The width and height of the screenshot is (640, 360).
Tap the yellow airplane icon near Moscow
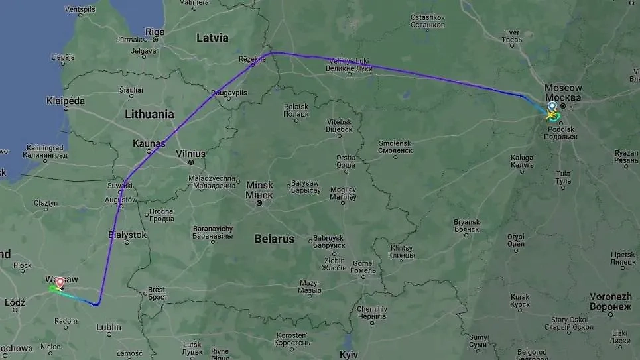pyautogui.click(x=551, y=115)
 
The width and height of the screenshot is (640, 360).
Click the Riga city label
pyautogui.click(x=155, y=31)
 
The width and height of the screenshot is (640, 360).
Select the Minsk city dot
pyautogui.click(x=259, y=202)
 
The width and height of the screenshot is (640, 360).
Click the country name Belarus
pyautogui.click(x=274, y=239)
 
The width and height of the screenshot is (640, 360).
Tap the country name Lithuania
pyautogui.click(x=149, y=114)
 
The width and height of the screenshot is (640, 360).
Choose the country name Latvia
pyautogui.click(x=212, y=38)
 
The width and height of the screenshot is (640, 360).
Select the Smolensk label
pyautogui.click(x=395, y=143)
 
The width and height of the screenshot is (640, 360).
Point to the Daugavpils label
pyautogui.click(x=229, y=93)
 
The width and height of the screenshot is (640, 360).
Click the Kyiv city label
pyautogui.click(x=349, y=355)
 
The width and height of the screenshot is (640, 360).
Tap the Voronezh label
pyautogui.click(x=609, y=297)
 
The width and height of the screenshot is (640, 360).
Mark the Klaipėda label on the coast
pyautogui.click(x=66, y=101)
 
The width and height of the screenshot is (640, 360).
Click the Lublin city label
pyautogui.click(x=109, y=327)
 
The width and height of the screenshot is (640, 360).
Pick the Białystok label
pyautogui.click(x=127, y=235)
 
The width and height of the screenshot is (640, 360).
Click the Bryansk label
pyautogui.click(x=467, y=222)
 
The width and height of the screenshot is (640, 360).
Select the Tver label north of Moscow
pyautogui.click(x=512, y=32)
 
